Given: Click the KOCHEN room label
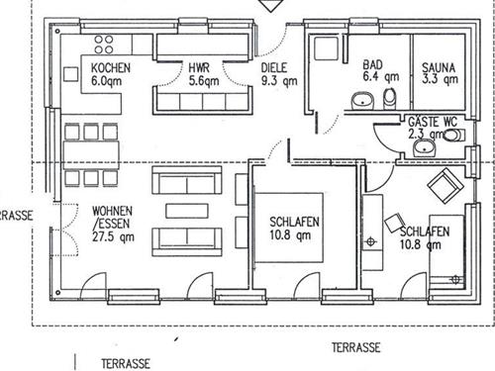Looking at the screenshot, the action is click(111, 68).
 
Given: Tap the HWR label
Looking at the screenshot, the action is click(199, 68).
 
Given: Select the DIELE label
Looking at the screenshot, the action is click(274, 68).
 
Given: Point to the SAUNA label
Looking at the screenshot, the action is click(439, 67).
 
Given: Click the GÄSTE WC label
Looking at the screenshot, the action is click(433, 122).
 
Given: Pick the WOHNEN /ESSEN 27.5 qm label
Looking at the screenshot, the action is click(113, 224).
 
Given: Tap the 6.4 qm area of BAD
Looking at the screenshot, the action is click(381, 77).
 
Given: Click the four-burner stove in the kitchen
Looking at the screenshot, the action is click(104, 45).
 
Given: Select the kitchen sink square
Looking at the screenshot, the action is click(70, 74).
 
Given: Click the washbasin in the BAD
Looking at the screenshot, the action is click(362, 100).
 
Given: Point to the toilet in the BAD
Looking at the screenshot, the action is click(390, 98).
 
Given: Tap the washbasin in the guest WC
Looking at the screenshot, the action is click(425, 147).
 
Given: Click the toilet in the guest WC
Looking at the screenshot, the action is click(454, 136).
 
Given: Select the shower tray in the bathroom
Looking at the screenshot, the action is click(327, 48).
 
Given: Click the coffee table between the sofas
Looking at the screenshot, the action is click(187, 211).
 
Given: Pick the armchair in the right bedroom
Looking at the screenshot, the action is click(445, 186).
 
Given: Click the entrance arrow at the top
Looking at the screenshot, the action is click(270, 6).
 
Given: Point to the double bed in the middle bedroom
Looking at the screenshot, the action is click(288, 228).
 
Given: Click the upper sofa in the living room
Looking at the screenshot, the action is click(187, 180).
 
